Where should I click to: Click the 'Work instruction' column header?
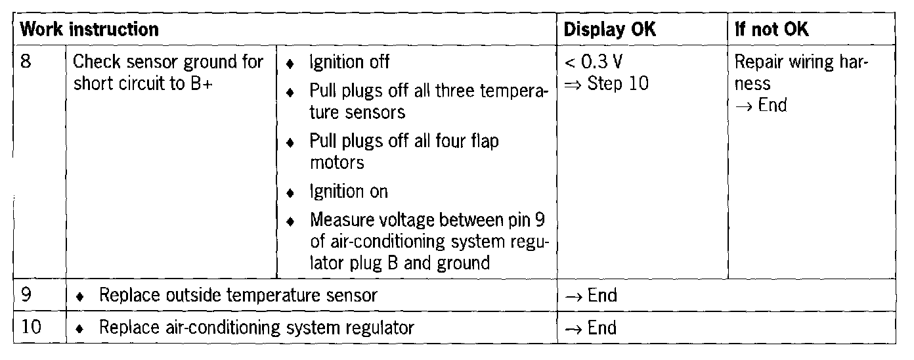(89, 30)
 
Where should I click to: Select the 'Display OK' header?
(609, 30)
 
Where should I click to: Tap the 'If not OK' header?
(772, 30)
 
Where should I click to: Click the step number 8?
(27, 62)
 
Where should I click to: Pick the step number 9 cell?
(27, 296)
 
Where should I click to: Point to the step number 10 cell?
(32, 326)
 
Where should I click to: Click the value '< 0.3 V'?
(594, 62)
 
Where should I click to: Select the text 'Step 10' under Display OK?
(617, 84)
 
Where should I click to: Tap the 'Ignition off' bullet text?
(349, 62)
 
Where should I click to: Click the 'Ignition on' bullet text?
(349, 192)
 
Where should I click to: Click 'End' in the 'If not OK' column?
(772, 105)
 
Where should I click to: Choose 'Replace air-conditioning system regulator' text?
(256, 326)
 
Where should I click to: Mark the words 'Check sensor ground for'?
(168, 62)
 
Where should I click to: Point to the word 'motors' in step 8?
(337, 162)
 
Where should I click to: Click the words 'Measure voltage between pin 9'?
(427, 218)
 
